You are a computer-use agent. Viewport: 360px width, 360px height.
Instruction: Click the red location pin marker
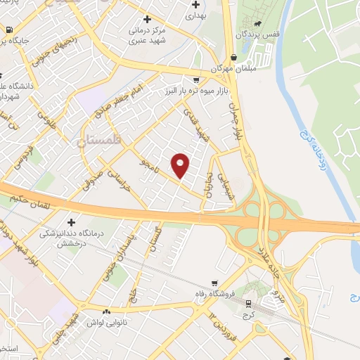[x=181, y=165]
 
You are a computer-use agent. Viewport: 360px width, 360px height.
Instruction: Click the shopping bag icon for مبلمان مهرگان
[x=233, y=58]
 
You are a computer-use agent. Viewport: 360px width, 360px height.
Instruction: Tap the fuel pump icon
[x=8, y=30]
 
